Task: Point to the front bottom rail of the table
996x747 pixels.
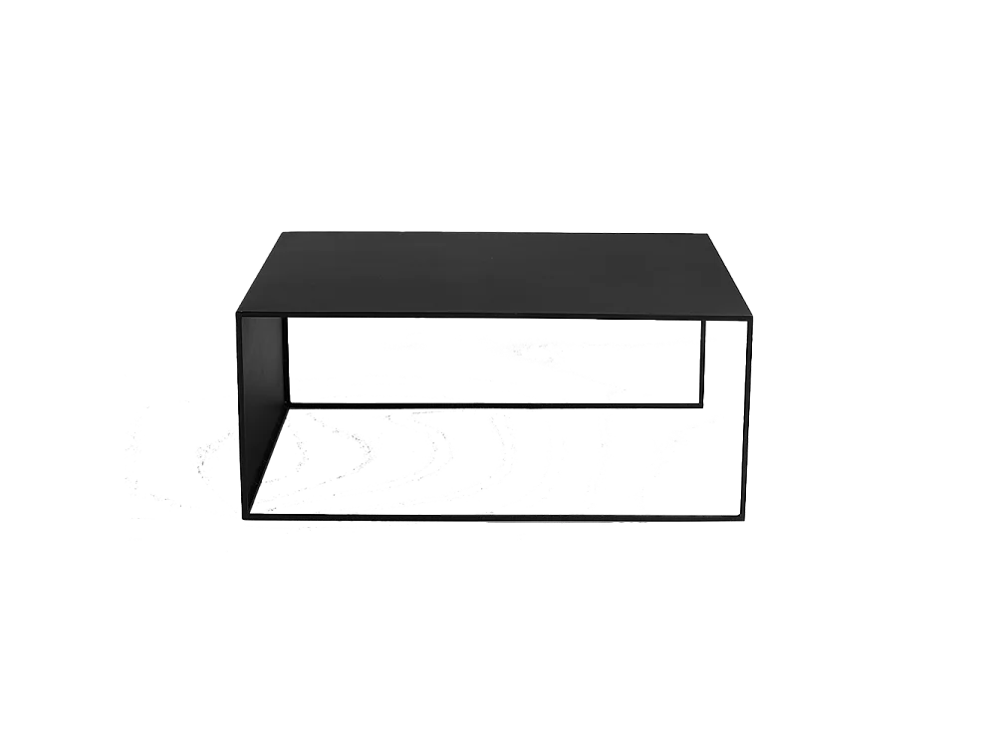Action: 498,517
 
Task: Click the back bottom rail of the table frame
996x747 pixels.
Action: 498,405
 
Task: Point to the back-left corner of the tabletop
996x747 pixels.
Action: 280,232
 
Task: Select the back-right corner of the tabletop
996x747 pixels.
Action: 709,235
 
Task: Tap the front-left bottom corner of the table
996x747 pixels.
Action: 242,516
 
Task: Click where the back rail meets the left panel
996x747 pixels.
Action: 289,404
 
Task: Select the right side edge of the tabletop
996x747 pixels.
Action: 731,277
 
